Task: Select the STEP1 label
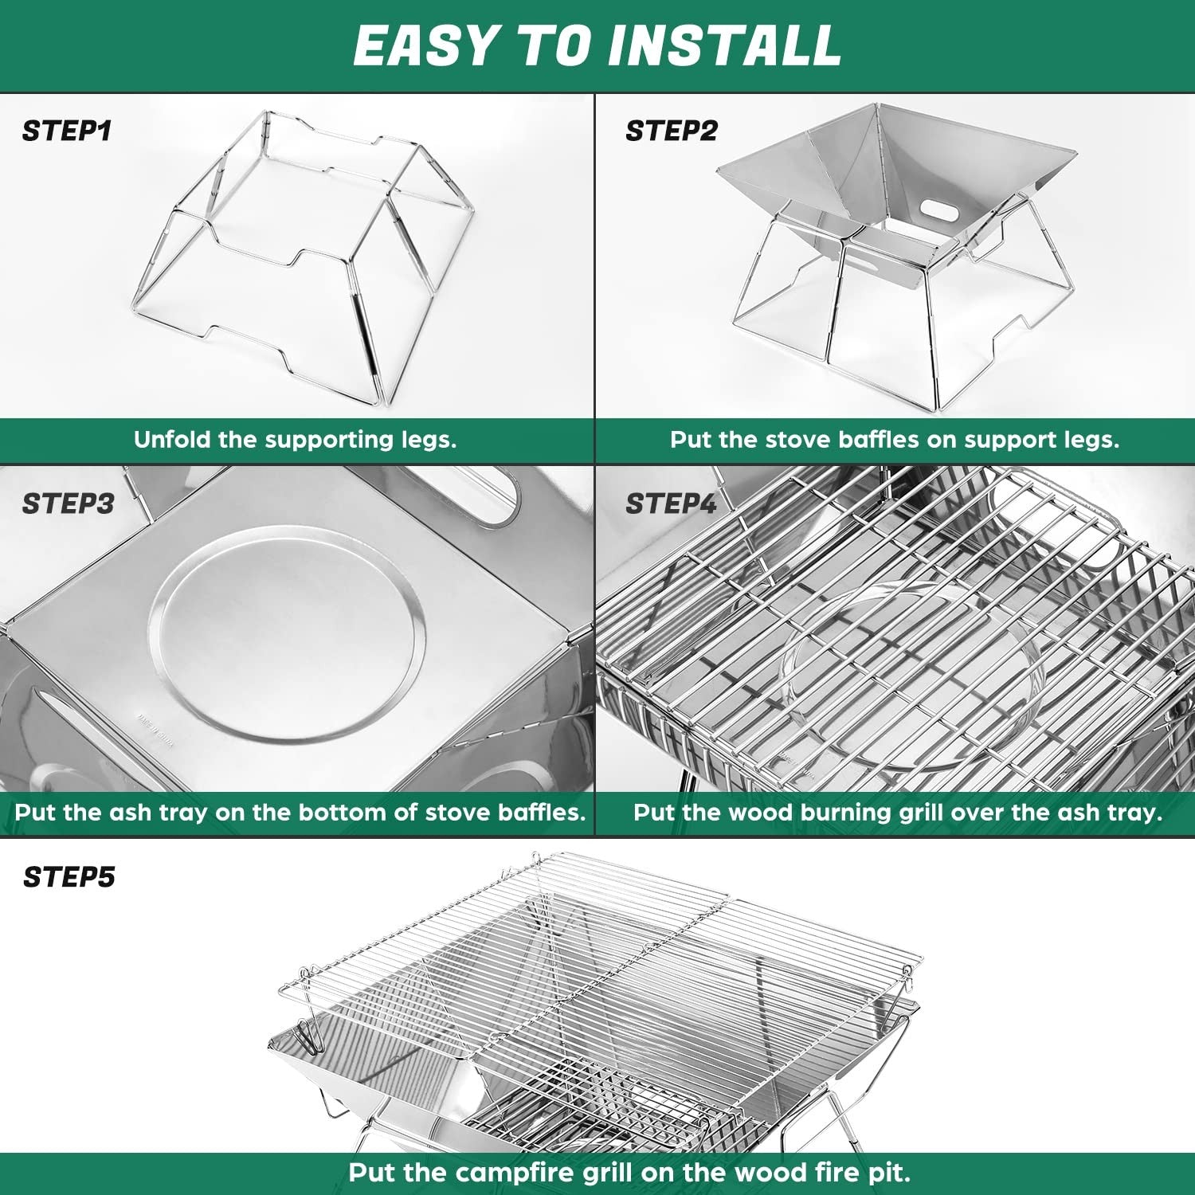(67, 131)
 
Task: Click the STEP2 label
(671, 131)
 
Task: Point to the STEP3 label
(68, 503)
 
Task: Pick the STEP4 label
(671, 503)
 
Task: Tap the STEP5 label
(69, 877)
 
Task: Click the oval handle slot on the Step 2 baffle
(941, 210)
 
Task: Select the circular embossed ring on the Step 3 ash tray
(287, 629)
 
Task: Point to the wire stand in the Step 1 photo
(303, 255)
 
